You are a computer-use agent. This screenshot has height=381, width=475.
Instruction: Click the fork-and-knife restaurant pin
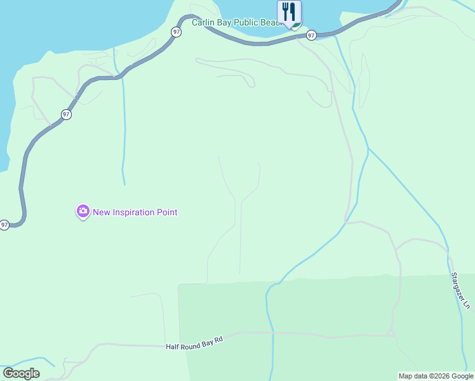[x=290, y=11]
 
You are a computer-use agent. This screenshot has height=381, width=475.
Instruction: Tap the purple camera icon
[x=83, y=212]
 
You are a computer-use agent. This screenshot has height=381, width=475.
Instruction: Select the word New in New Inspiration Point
[x=102, y=212]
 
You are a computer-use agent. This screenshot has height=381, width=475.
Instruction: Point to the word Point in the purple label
[x=166, y=212]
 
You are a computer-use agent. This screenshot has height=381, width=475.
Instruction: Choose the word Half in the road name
[x=173, y=347]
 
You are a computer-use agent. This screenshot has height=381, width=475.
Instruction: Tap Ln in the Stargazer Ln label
[x=467, y=304]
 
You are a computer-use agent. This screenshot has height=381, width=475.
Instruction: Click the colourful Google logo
[x=21, y=373]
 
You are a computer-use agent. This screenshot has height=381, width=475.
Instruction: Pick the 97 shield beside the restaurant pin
[x=311, y=35]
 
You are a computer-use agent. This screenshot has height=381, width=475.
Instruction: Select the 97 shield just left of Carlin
[x=176, y=31]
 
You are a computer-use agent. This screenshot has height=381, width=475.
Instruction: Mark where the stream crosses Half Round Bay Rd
[x=273, y=332]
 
